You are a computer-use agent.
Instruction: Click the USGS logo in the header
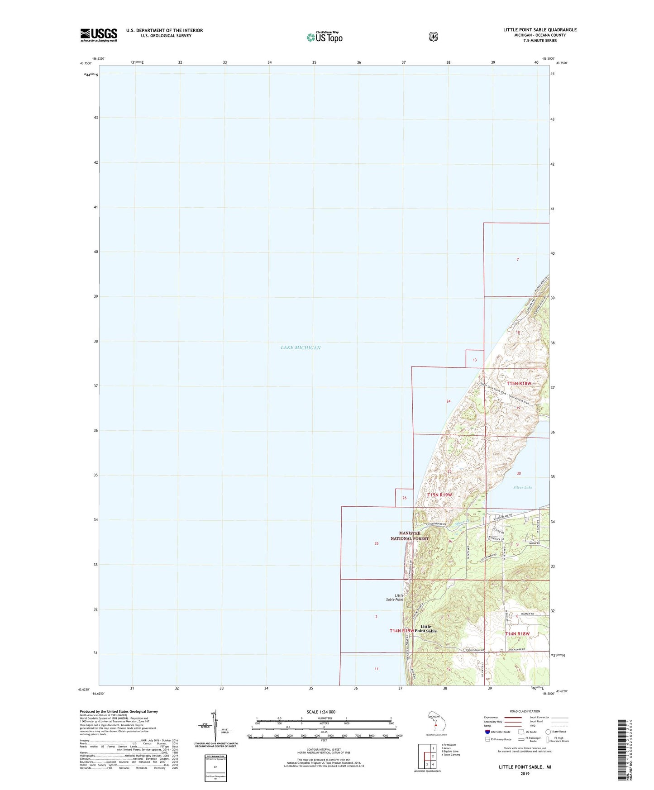point(99,35)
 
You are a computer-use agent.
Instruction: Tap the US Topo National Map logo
point(324,37)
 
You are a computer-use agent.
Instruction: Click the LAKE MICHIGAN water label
point(301,347)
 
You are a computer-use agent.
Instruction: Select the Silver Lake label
point(523,487)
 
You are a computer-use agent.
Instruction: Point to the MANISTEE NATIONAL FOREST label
point(409,536)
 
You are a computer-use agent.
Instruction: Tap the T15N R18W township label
point(519,383)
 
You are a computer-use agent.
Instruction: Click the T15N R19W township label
point(439,495)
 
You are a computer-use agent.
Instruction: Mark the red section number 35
point(376,543)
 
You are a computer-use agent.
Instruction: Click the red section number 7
point(517,260)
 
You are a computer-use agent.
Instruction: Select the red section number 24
point(448,401)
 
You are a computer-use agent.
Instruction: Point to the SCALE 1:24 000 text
point(321,712)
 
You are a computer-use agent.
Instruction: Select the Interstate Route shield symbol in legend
point(487,731)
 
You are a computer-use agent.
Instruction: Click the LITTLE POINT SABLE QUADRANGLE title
point(539,30)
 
